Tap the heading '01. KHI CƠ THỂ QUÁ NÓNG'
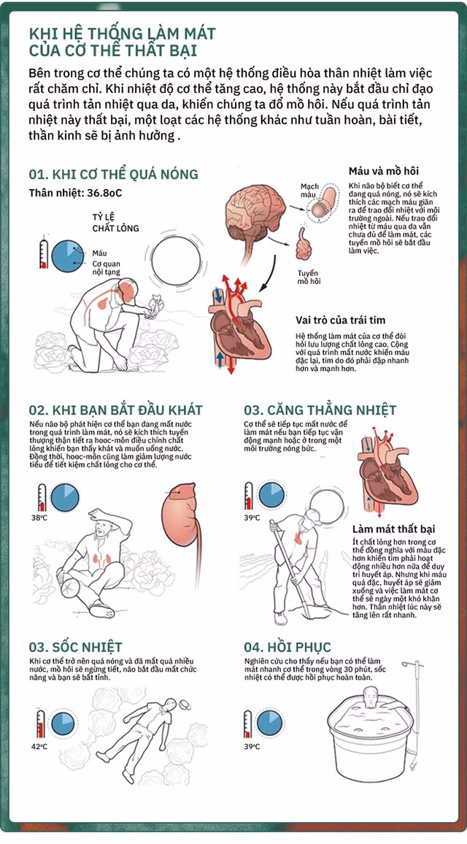point(114,174)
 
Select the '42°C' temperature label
point(39,747)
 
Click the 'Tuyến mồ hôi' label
point(308,277)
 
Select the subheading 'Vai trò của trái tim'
point(341,320)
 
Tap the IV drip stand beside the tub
point(415,710)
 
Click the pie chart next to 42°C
point(63,724)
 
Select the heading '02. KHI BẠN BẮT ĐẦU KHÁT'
point(116,410)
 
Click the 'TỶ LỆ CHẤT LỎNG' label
point(115,222)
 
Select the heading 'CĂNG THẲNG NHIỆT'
point(329,410)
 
